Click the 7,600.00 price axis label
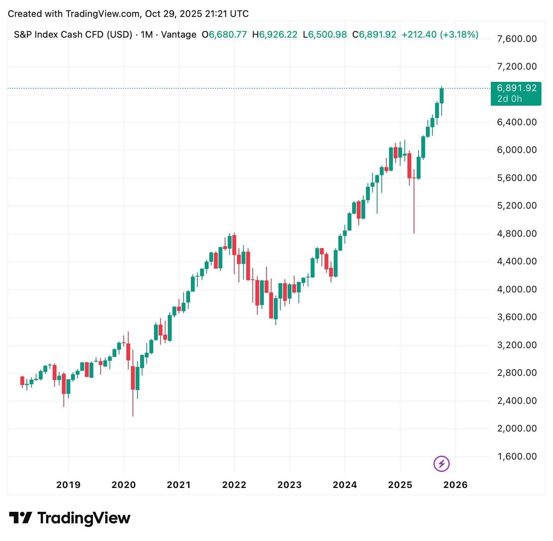tap(517, 39)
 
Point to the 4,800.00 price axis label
tap(517, 234)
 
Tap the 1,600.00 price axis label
tap(517, 456)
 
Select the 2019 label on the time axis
tap(68, 485)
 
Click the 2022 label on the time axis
tap(234, 485)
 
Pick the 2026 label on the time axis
tap(455, 485)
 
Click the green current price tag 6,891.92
tap(517, 88)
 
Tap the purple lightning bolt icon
tap(441, 464)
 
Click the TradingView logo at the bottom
tap(70, 518)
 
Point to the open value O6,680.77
tap(225, 35)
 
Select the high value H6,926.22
tap(275, 35)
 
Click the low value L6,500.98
tap(325, 35)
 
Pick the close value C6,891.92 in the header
tap(374, 35)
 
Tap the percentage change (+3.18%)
tap(459, 35)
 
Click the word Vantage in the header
tap(179, 35)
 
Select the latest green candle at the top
tap(442, 96)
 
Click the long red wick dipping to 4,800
tap(414, 207)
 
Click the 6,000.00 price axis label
tap(517, 150)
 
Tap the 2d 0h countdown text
tap(510, 99)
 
